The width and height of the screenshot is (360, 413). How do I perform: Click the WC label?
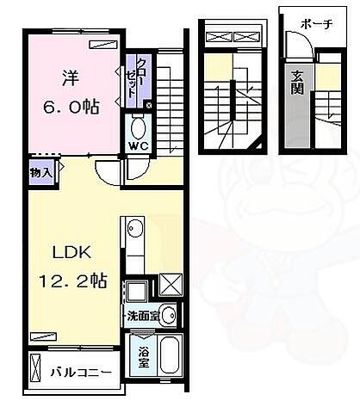pyautogui.click(x=138, y=145)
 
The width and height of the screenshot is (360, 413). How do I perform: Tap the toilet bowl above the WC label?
pyautogui.click(x=138, y=127)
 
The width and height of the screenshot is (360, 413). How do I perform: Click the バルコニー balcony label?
pyautogui.click(x=79, y=373)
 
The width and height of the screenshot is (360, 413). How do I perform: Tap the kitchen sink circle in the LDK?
pyautogui.click(x=133, y=228)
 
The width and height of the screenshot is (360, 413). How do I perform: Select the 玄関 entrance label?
pyautogui.click(x=297, y=82)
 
